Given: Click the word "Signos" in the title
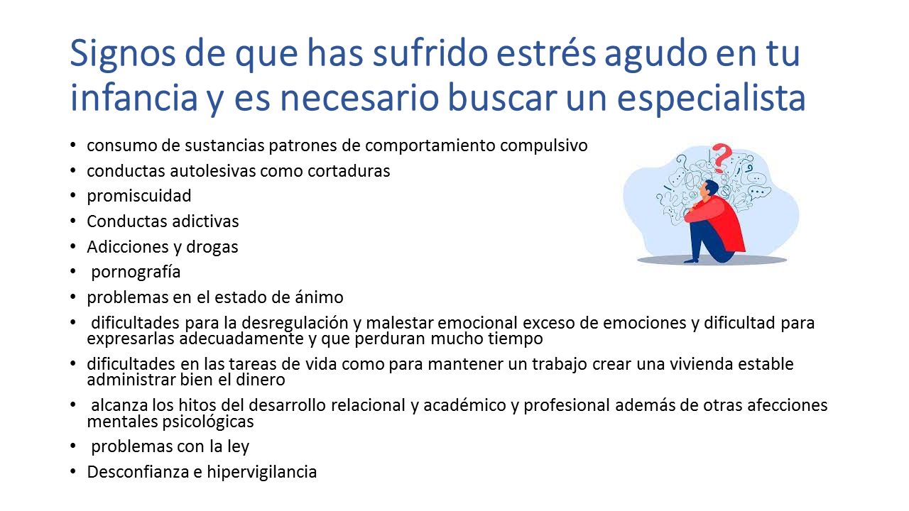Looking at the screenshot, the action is click(x=123, y=55).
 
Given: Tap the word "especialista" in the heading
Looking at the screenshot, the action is click(x=711, y=99).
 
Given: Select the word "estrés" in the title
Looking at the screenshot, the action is click(x=545, y=53).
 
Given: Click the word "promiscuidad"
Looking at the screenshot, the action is click(x=138, y=197).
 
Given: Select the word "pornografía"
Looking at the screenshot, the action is click(x=136, y=272).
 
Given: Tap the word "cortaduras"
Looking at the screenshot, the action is click(x=349, y=171).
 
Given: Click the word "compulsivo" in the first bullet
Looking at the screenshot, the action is click(x=543, y=146).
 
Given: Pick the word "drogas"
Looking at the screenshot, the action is click(x=212, y=247).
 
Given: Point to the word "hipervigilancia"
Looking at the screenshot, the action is click(x=262, y=472).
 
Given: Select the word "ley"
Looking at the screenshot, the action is click(x=238, y=447).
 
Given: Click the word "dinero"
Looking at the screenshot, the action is click(x=260, y=380).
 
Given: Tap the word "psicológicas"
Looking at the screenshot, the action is click(x=208, y=422).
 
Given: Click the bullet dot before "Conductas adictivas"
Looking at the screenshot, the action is click(x=73, y=221).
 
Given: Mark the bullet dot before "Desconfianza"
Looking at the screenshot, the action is click(x=73, y=472).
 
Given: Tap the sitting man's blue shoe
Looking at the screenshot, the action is click(x=692, y=260).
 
